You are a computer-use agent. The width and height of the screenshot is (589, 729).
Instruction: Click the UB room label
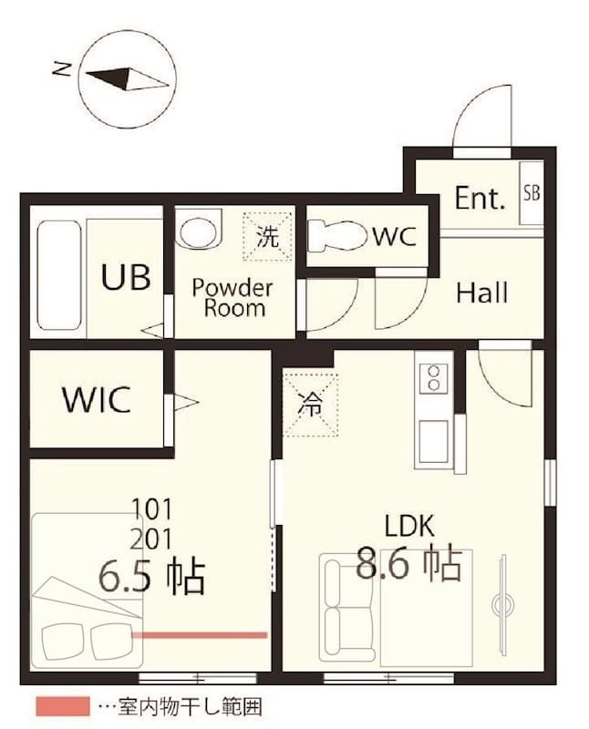(126, 277)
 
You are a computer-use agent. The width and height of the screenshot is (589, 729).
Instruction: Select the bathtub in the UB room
(60, 276)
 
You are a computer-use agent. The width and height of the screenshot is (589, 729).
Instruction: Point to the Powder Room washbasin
(199, 229)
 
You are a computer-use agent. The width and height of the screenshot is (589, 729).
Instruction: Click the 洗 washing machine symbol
(267, 237)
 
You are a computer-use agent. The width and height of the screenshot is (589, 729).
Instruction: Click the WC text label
(394, 237)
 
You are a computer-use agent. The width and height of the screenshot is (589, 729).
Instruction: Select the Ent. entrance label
(480, 200)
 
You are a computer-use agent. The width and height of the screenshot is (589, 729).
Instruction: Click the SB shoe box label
(531, 193)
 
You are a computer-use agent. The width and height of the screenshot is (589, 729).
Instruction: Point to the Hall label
(481, 293)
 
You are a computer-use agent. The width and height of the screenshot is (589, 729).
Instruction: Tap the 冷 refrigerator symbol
(309, 406)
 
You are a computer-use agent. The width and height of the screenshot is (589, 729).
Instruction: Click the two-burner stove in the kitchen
(434, 378)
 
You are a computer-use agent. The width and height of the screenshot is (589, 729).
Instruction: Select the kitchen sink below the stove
(434, 441)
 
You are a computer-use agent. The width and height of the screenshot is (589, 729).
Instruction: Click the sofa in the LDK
(347, 606)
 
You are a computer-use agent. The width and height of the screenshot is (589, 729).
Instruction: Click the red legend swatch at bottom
(62, 706)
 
